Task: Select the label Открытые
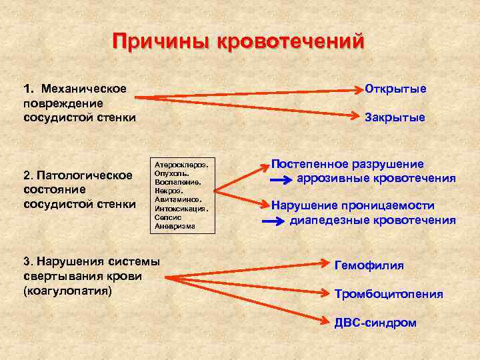[395, 89]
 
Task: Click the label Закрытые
[395, 117]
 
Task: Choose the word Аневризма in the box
[175, 226]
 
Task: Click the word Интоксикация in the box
[181, 208]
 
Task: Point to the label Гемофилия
[369, 265]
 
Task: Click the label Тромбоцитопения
[389, 294]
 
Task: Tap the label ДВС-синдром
[375, 323]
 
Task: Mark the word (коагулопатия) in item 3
[67, 291]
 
